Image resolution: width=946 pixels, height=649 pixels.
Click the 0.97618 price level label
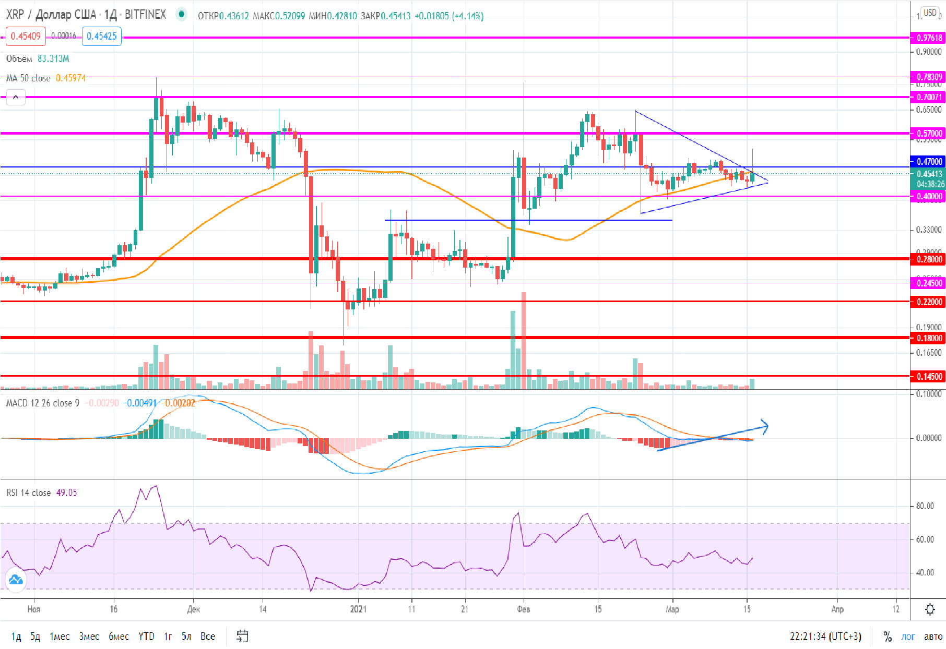point(929,38)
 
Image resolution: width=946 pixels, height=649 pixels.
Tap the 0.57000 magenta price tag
point(929,134)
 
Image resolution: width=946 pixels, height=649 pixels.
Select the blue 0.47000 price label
point(929,162)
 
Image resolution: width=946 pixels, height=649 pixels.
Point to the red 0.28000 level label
point(929,259)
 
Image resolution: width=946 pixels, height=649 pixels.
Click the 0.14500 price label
point(929,377)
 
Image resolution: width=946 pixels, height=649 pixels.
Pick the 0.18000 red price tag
point(929,338)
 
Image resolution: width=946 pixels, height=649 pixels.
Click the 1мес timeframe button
point(60,636)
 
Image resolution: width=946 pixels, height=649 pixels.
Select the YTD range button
point(146,636)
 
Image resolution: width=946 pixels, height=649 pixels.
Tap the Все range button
point(208,636)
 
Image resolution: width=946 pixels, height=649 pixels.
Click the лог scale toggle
point(908,636)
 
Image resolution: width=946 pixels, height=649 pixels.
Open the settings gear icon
point(930,609)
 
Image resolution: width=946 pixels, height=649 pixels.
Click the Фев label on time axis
point(524,609)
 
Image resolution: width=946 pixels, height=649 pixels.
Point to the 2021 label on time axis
point(358,609)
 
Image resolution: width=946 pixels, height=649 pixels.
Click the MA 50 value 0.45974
point(70,78)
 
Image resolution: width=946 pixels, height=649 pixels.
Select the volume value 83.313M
point(53,59)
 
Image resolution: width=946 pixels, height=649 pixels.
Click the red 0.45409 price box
point(26,36)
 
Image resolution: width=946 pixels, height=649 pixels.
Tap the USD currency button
point(930,13)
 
